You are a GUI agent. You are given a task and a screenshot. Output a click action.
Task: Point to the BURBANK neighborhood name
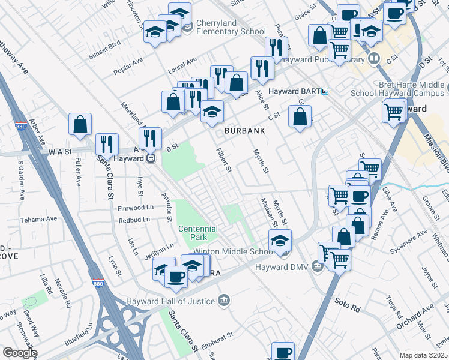[244, 130]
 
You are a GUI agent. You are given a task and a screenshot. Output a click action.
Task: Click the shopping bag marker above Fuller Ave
[80, 125]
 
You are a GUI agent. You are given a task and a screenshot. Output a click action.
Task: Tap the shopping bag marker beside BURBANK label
[300, 117]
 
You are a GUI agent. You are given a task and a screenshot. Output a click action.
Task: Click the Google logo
[19, 353]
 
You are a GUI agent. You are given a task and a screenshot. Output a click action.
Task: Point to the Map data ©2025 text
[423, 355]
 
